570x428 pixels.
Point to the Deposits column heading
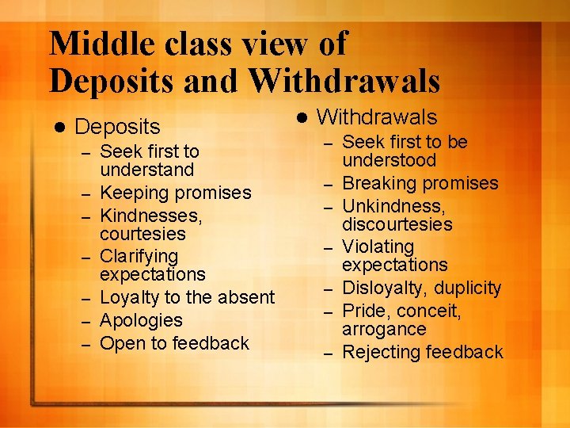click(117, 127)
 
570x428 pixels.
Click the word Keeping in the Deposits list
click(135, 193)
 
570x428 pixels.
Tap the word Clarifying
click(139, 256)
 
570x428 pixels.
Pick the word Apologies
click(141, 321)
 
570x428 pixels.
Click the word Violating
click(378, 247)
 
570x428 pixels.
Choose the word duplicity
click(467, 289)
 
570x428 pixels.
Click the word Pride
click(367, 311)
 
